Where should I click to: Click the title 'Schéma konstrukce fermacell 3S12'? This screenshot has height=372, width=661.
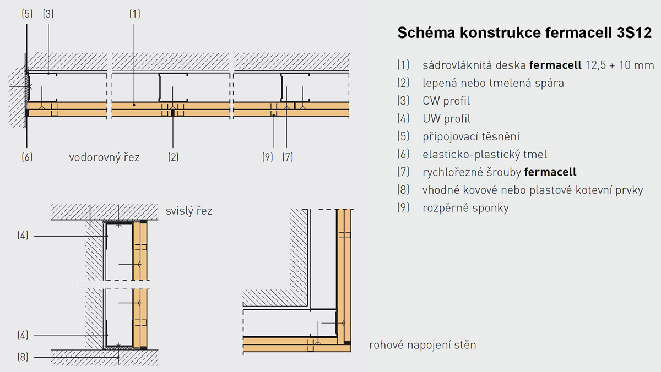pos(524,34)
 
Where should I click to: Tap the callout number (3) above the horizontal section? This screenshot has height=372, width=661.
pos(48,14)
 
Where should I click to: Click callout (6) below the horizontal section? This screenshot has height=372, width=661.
pos(27,157)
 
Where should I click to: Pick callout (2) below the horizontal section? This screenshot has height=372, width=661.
pos(173,157)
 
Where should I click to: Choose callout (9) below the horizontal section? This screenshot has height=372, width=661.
pos(268,157)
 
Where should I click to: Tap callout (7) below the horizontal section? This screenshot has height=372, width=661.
pos(288,157)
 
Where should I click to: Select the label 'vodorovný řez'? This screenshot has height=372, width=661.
pos(104,157)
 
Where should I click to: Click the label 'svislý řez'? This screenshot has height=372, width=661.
pos(189,211)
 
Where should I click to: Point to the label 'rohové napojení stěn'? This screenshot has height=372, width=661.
pos(422,346)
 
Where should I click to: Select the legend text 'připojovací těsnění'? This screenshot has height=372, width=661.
pos(472,136)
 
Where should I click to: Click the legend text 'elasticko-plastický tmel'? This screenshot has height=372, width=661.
pos(485,155)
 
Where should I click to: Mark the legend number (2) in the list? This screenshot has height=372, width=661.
pos(403,83)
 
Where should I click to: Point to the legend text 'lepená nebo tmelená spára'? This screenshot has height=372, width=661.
pos(493,83)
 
